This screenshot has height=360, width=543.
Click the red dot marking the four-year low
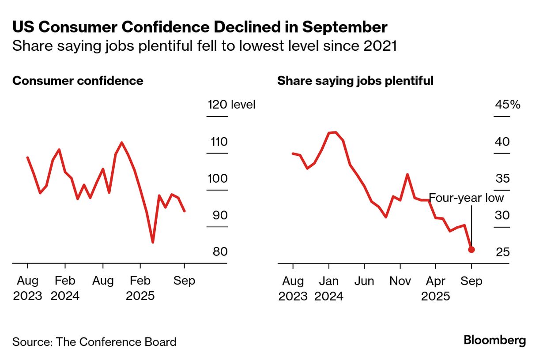(x=471, y=250)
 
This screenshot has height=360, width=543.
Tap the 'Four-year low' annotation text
(x=466, y=197)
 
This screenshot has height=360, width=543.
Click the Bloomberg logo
(x=494, y=340)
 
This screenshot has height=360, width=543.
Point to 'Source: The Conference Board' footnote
(x=94, y=341)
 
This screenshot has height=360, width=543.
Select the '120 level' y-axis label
(x=231, y=105)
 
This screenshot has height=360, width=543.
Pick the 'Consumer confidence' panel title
(x=78, y=81)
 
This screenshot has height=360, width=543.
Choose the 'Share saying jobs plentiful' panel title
(x=355, y=81)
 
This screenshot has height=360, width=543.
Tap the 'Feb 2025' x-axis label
(x=140, y=288)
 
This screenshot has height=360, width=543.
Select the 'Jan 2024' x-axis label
(x=328, y=288)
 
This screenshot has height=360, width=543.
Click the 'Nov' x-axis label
(x=400, y=281)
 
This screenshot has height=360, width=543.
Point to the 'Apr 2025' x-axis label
(x=436, y=288)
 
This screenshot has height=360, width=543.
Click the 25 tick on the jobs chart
(x=502, y=252)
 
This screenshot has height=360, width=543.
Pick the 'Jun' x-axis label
(x=364, y=281)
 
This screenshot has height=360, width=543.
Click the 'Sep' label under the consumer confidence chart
(x=185, y=281)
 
